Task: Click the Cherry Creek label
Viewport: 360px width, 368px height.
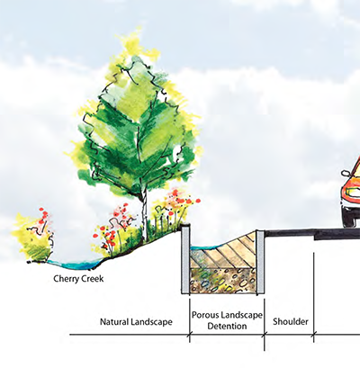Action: (78, 279)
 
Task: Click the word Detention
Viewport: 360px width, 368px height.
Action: (227, 326)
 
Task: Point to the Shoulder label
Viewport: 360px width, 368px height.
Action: (291, 322)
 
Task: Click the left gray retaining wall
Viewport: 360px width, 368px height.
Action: (185, 259)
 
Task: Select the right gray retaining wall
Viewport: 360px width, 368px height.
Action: (260, 262)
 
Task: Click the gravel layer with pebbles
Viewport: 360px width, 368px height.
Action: (223, 281)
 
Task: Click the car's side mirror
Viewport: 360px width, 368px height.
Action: (346, 174)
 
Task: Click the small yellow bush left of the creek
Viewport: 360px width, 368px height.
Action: (32, 238)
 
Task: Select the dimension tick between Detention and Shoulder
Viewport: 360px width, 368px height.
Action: (265, 334)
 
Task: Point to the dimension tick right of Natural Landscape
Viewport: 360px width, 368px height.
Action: (190, 334)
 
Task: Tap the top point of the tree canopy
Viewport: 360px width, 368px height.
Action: (139, 28)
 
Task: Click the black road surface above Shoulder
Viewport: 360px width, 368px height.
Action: (290, 232)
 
